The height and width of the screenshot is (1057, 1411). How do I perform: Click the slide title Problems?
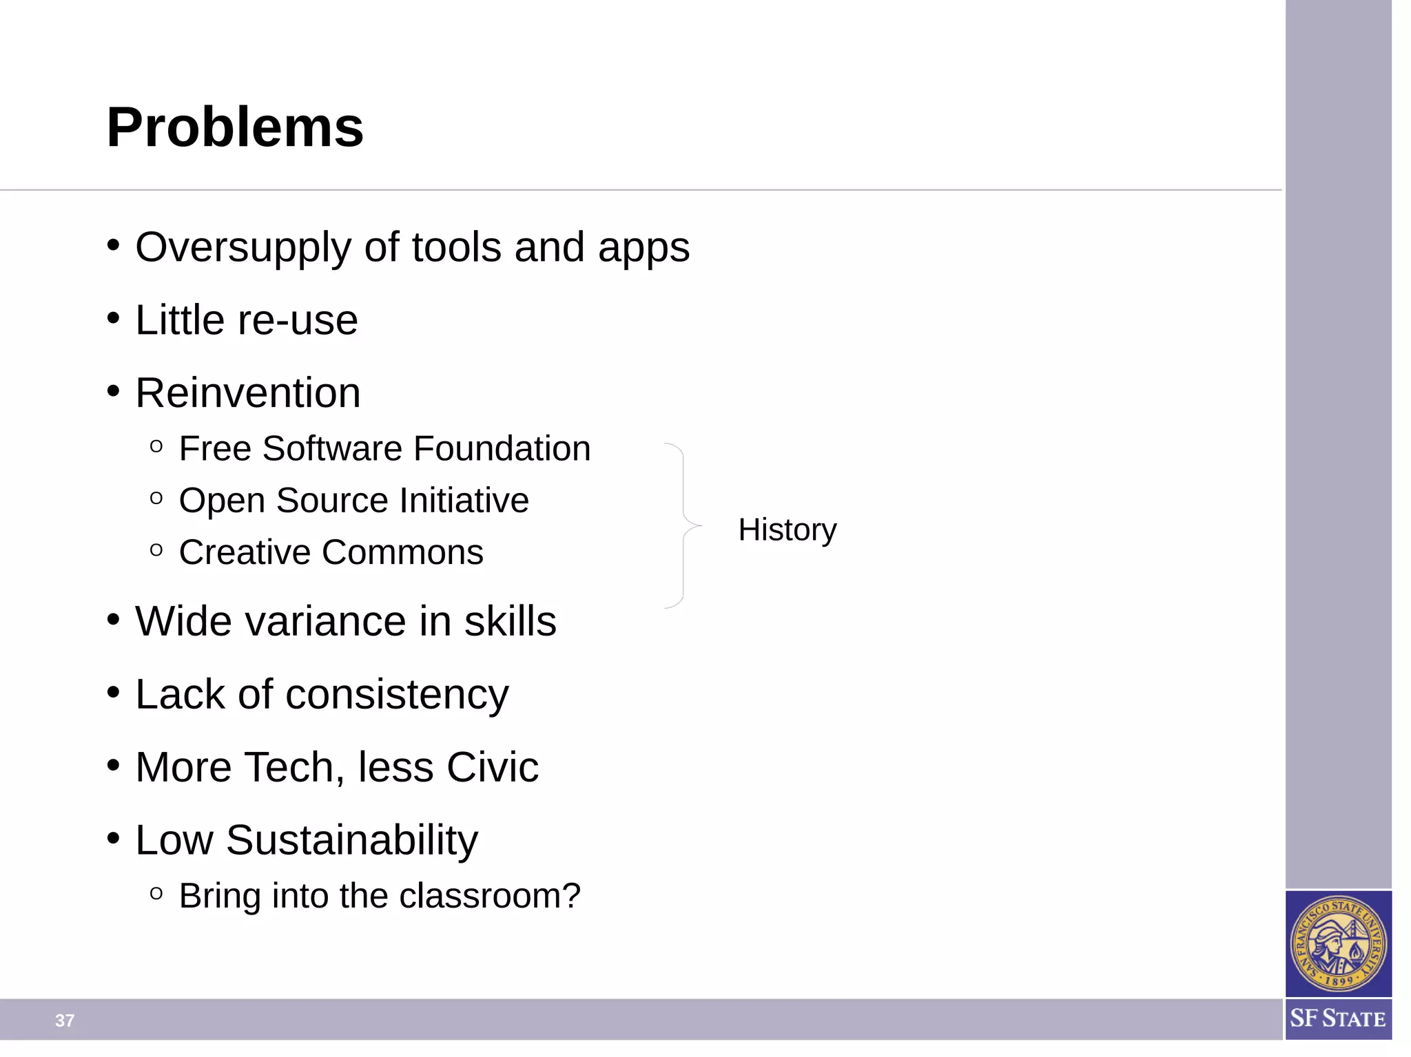[235, 127]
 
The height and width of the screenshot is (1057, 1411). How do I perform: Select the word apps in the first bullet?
[643, 247]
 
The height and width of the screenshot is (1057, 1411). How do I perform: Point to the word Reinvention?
[247, 393]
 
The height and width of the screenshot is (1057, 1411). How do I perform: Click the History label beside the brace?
[787, 530]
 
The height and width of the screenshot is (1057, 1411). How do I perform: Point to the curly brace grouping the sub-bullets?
[683, 525]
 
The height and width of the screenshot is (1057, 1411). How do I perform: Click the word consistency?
[397, 694]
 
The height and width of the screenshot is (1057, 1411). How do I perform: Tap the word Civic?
[492, 767]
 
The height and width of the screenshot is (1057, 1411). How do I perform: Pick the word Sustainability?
[351, 840]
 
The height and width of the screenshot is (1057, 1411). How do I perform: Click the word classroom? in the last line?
[490, 896]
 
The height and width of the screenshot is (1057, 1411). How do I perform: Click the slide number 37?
[65, 1021]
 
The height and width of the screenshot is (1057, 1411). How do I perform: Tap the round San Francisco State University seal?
[1338, 943]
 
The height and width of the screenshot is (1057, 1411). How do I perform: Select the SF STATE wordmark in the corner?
[1338, 1018]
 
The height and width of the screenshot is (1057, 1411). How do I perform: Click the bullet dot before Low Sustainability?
[114, 839]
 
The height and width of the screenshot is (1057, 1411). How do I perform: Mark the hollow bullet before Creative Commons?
[156, 550]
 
